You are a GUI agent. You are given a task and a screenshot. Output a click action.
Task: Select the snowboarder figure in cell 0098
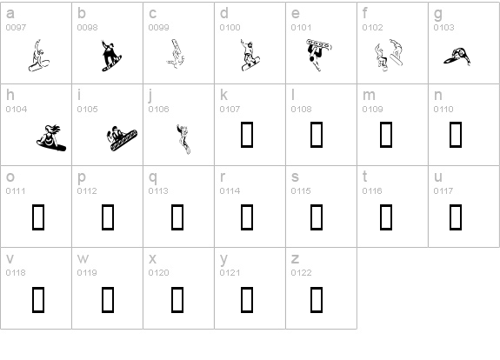click(109, 55)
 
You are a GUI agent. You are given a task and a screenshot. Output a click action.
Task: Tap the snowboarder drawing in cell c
click(177, 55)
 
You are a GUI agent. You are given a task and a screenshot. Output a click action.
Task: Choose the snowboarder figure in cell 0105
click(118, 137)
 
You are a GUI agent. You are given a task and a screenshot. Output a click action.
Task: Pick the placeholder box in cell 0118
click(38, 298)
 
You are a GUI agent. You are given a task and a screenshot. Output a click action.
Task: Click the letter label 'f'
click(365, 14)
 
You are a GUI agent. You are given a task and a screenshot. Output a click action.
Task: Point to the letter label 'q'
click(152, 177)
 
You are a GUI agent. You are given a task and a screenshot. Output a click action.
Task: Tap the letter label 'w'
click(83, 259)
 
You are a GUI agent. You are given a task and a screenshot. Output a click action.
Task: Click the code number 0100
click(230, 28)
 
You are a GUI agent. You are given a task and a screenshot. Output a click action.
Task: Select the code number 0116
click(372, 191)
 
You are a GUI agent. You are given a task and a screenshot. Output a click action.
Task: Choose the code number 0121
click(230, 273)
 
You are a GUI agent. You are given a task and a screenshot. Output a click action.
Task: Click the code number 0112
click(87, 191)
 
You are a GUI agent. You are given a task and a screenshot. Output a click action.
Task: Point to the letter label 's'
click(294, 177)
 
